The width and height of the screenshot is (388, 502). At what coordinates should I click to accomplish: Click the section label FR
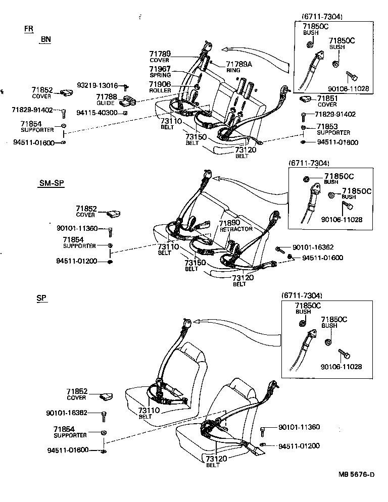(x=29, y=29)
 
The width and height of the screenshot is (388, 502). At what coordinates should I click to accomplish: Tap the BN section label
(x=46, y=39)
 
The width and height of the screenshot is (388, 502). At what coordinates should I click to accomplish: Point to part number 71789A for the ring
(x=238, y=64)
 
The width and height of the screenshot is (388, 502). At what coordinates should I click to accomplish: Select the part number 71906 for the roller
(x=160, y=84)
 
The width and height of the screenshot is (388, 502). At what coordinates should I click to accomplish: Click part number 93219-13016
(x=97, y=85)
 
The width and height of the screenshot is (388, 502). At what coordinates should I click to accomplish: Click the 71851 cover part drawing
(x=307, y=99)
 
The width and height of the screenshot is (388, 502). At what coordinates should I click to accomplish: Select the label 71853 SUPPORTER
(x=333, y=129)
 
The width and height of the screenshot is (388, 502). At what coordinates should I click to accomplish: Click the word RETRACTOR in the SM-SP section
(x=236, y=229)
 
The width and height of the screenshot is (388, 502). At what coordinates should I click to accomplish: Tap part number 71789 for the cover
(x=160, y=54)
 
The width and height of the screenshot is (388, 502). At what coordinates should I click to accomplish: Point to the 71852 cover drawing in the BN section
(x=66, y=92)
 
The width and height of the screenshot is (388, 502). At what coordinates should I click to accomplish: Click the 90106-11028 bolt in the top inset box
(x=352, y=77)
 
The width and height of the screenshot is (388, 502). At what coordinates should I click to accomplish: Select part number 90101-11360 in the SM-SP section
(x=77, y=229)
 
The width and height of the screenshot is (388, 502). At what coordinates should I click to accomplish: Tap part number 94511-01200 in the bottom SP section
(x=299, y=445)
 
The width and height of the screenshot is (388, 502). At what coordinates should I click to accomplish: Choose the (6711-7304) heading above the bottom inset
(x=302, y=295)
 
